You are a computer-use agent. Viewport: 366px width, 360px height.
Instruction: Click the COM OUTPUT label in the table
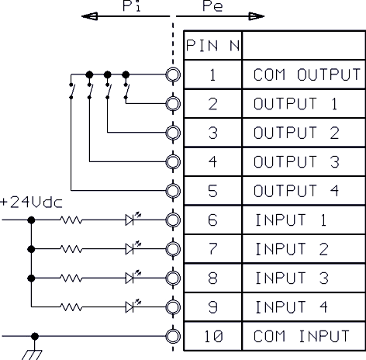pos(307,74)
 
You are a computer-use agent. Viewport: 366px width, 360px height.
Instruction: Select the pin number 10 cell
pos(213,336)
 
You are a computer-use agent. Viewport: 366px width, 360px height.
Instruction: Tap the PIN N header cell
pos(213,45)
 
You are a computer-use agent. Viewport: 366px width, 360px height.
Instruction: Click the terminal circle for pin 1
pos(173,74)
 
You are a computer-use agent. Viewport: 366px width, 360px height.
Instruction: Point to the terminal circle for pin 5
pos(173,191)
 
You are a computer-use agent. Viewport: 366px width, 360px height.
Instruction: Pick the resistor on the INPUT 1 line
pos(71,220)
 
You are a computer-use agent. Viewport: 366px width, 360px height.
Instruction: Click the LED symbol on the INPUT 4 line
pos(133,306)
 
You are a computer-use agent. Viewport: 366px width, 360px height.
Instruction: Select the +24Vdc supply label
pos(31,202)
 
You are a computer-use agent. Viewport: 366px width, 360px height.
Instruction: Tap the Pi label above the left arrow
pos(132,5)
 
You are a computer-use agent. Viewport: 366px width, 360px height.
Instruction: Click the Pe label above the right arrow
pos(212,6)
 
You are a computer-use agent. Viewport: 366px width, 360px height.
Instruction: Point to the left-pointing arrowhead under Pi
pos(89,16)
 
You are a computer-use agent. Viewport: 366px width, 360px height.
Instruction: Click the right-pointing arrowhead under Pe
pos(257,16)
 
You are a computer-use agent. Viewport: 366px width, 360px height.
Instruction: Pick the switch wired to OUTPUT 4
pos(71,91)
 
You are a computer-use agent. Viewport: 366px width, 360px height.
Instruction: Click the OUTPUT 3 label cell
pos(304,162)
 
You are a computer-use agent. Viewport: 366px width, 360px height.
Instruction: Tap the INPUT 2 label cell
pos(304,249)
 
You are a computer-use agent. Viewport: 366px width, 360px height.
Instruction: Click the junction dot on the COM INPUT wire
pos(35,336)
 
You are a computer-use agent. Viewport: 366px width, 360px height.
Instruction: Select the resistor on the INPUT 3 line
pos(71,278)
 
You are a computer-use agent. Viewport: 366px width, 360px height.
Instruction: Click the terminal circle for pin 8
pos(173,279)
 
